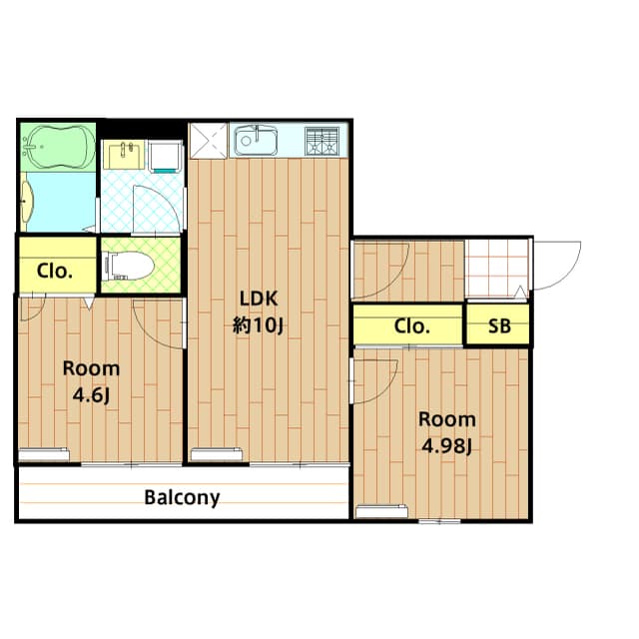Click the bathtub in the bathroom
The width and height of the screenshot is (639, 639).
click(58, 147)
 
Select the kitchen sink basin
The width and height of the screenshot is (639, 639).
click(256, 141)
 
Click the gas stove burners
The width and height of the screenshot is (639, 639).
click(321, 141)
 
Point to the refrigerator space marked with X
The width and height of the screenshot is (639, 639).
click(208, 141)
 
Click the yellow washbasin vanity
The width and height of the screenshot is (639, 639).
click(124, 155)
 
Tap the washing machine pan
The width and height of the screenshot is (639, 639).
click(165, 157)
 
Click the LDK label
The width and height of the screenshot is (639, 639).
click(259, 299)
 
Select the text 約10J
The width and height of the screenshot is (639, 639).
click(258, 325)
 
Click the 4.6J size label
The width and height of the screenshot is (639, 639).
click(91, 395)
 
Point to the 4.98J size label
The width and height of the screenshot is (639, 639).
click(446, 446)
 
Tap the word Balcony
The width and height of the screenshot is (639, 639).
click(182, 497)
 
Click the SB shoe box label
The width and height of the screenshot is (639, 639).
click(499, 326)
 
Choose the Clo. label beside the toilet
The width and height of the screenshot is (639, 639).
click(55, 271)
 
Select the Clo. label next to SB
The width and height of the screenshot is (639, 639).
click(412, 326)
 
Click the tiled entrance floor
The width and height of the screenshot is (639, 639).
click(497, 269)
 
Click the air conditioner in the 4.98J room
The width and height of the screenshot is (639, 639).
click(381, 511)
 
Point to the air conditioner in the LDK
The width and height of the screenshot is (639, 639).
click(217, 454)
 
